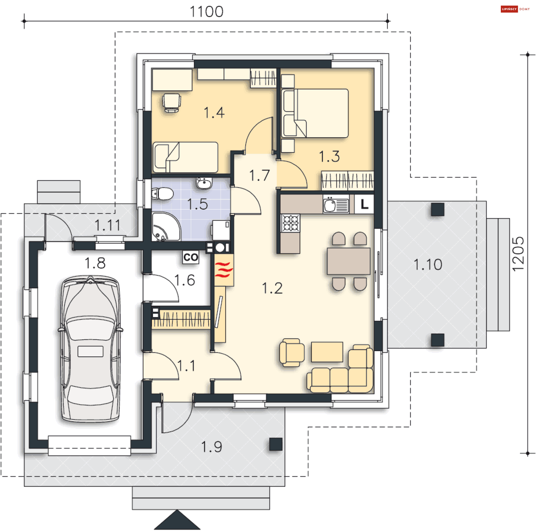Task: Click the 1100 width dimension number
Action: [x=207, y=12]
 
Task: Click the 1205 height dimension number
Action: [x=518, y=254]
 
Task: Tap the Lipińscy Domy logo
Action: [x=515, y=9]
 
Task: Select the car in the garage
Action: [x=90, y=349]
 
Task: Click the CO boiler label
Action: [x=191, y=257]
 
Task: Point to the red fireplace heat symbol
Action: [x=224, y=270]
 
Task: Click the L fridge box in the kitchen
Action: [x=364, y=204]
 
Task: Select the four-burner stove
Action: [x=290, y=223]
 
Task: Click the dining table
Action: [x=349, y=261]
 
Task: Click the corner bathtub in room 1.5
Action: [x=166, y=227]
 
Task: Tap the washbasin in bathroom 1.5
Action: [x=204, y=183]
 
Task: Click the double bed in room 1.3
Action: [x=315, y=113]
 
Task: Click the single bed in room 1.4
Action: [x=185, y=157]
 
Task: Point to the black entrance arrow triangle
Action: [x=177, y=521]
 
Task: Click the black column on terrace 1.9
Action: [x=276, y=444]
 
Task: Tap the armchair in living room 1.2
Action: [x=292, y=353]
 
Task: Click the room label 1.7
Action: [x=259, y=175]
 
